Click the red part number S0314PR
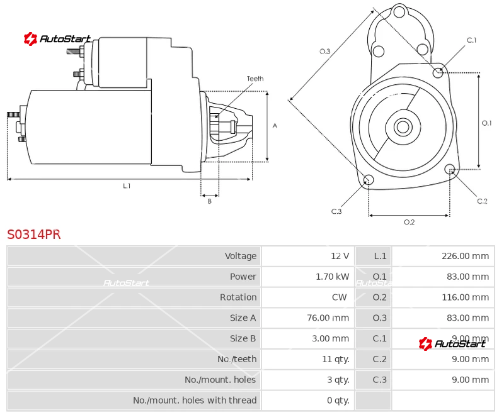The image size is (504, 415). (x=34, y=235)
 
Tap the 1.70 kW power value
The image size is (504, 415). (x=332, y=277)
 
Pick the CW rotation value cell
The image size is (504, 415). (x=340, y=297)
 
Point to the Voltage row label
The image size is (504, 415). (x=240, y=256)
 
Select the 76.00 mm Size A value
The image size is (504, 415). (x=328, y=318)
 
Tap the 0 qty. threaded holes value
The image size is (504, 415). (x=338, y=400)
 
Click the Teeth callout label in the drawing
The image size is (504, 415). (x=255, y=79)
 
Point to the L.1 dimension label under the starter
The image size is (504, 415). (x=127, y=186)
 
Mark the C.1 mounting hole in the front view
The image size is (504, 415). (x=438, y=72)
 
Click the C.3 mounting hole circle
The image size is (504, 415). (x=369, y=181)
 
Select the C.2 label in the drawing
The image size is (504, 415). (x=482, y=201)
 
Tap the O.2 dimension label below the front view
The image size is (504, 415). (x=409, y=222)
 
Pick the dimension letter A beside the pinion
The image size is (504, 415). (x=275, y=126)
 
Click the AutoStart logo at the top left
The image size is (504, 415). (x=57, y=39)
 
